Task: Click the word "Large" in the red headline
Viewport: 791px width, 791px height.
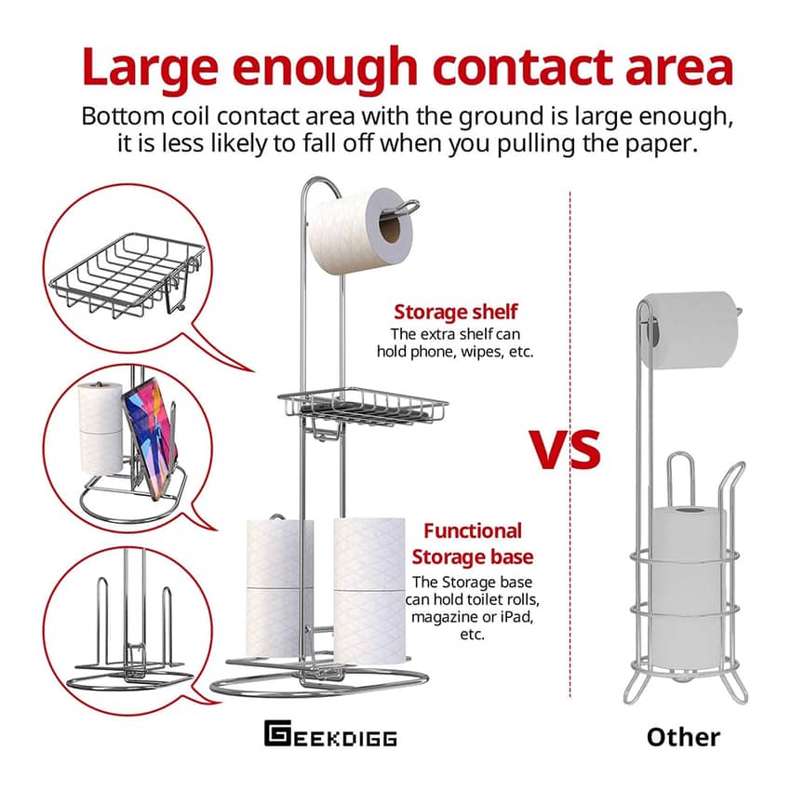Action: point(150,67)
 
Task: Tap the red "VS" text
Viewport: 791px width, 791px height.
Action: point(565,449)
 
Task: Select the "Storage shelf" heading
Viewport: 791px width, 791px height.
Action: point(455,312)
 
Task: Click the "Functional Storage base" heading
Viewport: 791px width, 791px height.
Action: point(472,543)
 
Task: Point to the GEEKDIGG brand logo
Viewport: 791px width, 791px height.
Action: point(330,733)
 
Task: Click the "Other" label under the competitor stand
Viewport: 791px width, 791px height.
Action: point(683,737)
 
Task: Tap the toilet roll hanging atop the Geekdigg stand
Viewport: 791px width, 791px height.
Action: point(360,231)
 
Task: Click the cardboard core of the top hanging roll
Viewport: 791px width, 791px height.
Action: point(389,228)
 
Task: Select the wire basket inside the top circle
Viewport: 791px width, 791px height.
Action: point(127,275)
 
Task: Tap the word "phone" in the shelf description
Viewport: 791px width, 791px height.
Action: point(431,352)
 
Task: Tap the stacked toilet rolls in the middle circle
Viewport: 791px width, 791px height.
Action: point(100,428)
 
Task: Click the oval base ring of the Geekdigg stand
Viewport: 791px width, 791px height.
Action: point(319,682)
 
